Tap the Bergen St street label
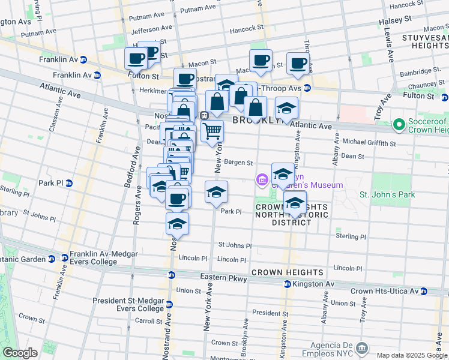pyautogui.click(x=239, y=162)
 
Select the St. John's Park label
pyautogui.click(x=387, y=194)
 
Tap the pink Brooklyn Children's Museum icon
pyautogui.click(x=262, y=179)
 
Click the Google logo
pyautogui.click(x=19, y=353)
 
